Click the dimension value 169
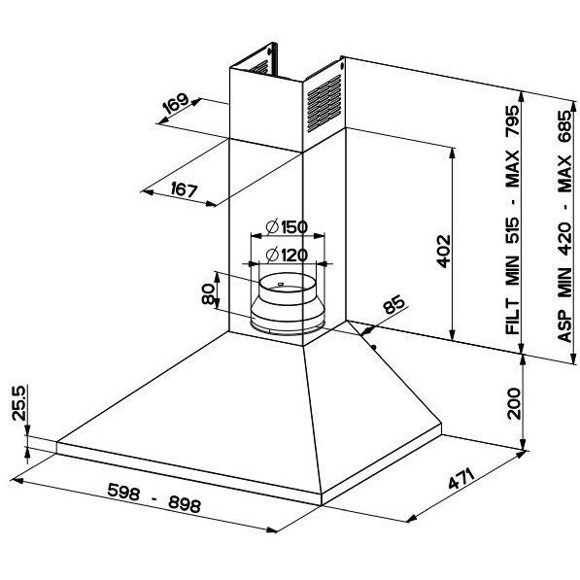(176, 104)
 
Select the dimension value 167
(185, 190)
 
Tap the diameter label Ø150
(287, 226)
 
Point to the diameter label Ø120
(287, 255)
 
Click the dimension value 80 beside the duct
(209, 294)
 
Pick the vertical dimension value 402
(444, 252)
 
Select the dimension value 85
(393, 304)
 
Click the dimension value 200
(514, 403)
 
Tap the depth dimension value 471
(461, 478)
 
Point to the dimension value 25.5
(18, 403)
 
